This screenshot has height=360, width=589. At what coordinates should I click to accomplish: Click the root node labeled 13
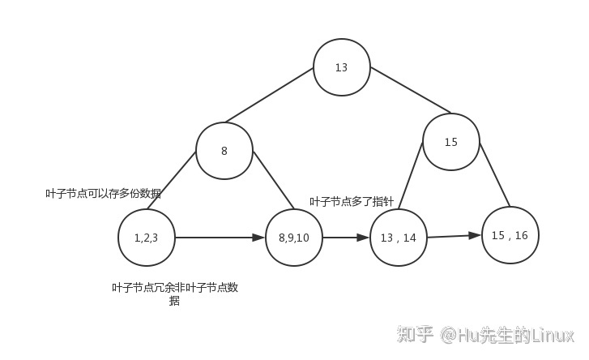[342, 67]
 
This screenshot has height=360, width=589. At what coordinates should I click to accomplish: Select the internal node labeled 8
[224, 151]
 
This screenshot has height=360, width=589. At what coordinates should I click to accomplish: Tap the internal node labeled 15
[451, 142]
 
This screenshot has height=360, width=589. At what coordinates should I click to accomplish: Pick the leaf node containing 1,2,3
[146, 238]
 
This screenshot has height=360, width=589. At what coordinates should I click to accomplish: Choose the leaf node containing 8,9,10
[294, 238]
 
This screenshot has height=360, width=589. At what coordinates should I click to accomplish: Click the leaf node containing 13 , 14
[399, 238]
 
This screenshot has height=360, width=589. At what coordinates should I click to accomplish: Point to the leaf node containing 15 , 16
[510, 235]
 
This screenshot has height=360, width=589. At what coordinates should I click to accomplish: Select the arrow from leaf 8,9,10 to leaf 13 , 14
[346, 238]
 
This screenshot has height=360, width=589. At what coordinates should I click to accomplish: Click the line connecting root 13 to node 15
[409, 89]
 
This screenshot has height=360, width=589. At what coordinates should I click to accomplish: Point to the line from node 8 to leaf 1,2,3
[172, 180]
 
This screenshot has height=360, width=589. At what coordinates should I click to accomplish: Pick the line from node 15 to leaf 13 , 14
[411, 176]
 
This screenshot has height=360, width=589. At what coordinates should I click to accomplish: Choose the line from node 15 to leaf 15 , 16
[496, 176]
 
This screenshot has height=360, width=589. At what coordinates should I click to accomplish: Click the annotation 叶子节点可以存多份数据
[103, 194]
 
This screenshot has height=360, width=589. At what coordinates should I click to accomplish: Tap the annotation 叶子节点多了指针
[352, 201]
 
